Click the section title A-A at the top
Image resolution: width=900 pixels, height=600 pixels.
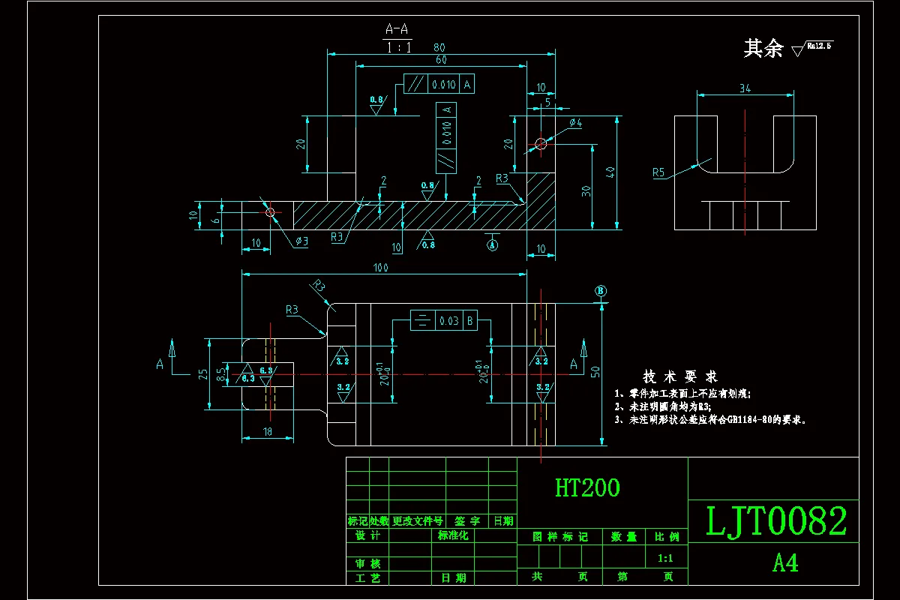click(x=397, y=29)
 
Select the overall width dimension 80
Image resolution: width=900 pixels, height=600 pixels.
click(x=440, y=46)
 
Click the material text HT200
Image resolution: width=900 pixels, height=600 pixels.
click(x=587, y=488)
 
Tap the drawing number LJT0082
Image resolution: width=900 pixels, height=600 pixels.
click(x=776, y=522)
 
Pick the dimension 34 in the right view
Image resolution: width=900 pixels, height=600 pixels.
click(x=745, y=88)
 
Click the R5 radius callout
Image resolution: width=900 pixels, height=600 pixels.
click(x=658, y=172)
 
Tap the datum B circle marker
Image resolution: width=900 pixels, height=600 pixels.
click(x=600, y=291)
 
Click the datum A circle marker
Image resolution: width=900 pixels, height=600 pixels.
click(x=493, y=244)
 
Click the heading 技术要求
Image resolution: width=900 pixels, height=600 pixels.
click(x=679, y=376)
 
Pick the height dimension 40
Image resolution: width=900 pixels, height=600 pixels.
click(x=610, y=172)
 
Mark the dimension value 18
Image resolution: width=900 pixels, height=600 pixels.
click(x=268, y=432)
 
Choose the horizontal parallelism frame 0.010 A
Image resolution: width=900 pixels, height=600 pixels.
click(x=439, y=85)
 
